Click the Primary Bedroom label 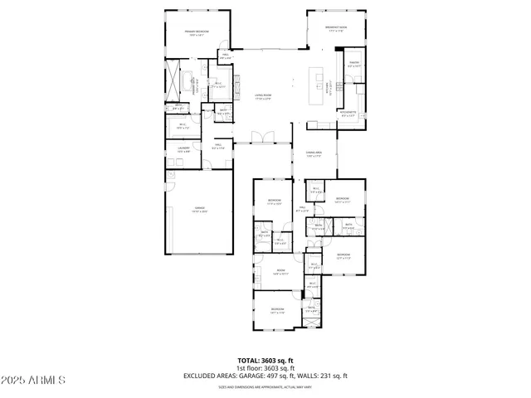click(196, 33)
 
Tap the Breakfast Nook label click(336, 29)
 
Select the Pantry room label click(353, 63)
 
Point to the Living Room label click(263, 97)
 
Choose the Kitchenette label click(348, 114)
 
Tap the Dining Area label click(314, 154)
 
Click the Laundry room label click(184, 150)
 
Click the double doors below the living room click(263, 138)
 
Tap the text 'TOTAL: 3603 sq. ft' click(265, 361)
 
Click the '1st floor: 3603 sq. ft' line click(265, 368)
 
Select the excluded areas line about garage click(265, 376)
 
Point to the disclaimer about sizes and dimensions click(265, 386)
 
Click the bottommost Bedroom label click(276, 311)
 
